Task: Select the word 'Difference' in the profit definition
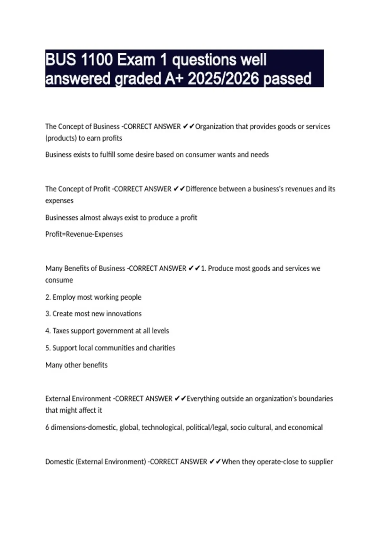[202, 189]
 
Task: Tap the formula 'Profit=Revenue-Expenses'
[84, 234]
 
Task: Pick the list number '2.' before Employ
[48, 297]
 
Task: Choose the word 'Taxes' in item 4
[60, 331]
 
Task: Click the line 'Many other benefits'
[76, 365]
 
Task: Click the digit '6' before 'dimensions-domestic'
[47, 427]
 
